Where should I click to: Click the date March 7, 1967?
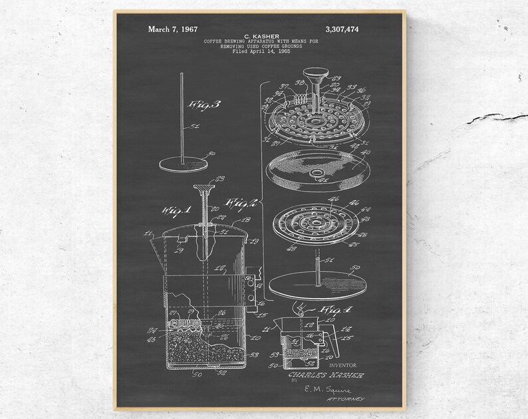click(x=172, y=29)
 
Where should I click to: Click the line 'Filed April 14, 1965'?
click(x=261, y=52)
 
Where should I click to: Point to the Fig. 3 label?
click(x=200, y=104)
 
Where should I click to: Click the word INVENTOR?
click(x=342, y=365)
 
